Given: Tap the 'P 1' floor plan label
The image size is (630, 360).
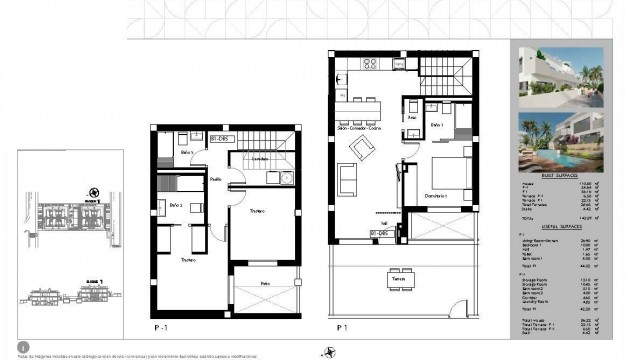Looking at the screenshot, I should (x=340, y=327).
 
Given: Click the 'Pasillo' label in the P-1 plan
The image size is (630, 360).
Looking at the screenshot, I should (x=216, y=178).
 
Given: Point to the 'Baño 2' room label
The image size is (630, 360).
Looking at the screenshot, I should (x=177, y=205).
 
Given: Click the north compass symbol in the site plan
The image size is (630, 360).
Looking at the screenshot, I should (x=91, y=191).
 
